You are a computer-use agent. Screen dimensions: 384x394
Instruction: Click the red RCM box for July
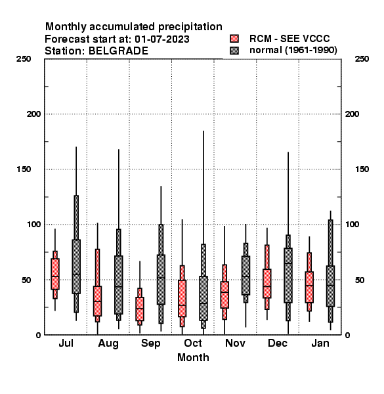tap(55, 274)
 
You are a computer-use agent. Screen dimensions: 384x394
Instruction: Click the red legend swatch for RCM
tap(234, 39)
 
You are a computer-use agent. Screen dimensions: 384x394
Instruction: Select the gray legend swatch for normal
tap(234, 51)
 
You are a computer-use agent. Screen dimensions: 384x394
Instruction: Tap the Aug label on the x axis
tap(108, 343)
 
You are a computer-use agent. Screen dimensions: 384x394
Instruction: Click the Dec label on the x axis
tap(278, 343)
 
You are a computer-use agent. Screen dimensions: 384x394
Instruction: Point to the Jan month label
tap(320, 343)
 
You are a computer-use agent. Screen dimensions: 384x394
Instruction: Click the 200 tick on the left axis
tap(33, 114)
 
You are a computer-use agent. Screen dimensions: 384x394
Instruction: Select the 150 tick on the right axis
tap(362, 169)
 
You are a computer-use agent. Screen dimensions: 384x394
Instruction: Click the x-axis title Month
tap(193, 358)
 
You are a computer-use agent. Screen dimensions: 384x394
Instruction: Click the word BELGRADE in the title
tap(118, 51)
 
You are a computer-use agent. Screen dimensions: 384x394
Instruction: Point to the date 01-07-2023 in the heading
tap(162, 39)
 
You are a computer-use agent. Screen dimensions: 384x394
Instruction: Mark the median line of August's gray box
tap(119, 287)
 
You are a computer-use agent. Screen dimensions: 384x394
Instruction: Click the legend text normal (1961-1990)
tap(293, 51)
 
